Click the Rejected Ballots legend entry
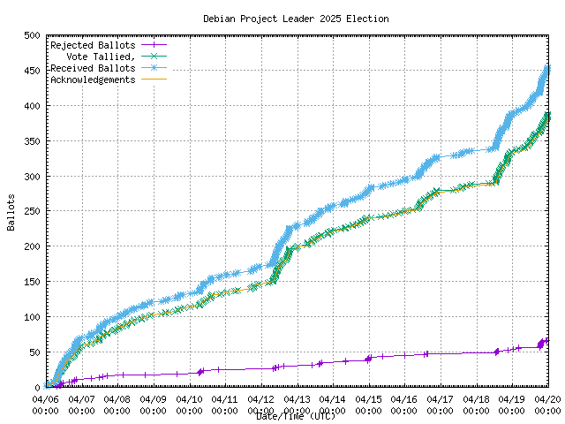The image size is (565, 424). pyautogui.click(x=93, y=44)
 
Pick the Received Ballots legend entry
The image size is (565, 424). pyautogui.click(x=93, y=67)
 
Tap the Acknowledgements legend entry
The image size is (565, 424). pyautogui.click(x=93, y=79)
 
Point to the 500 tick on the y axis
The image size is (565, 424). pyautogui.click(x=32, y=35)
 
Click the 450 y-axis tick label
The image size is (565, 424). pyautogui.click(x=32, y=71)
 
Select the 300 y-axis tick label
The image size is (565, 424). pyautogui.click(x=32, y=177)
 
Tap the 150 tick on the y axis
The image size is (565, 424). pyautogui.click(x=32, y=282)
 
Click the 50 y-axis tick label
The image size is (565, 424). pyautogui.click(x=34, y=352)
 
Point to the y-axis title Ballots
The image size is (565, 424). pyautogui.click(x=11, y=212)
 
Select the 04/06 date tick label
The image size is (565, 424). pyautogui.click(x=45, y=398)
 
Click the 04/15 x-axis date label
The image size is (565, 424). pyautogui.click(x=368, y=398)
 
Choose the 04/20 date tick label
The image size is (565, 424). pyautogui.click(x=547, y=398)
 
